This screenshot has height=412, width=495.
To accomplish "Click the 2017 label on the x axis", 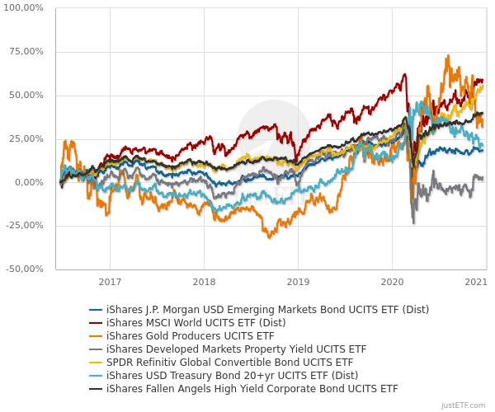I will (110, 281).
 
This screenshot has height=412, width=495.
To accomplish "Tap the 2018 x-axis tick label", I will (204, 281).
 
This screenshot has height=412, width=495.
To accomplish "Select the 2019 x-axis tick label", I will (298, 281).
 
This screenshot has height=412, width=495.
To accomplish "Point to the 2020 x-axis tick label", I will (392, 281).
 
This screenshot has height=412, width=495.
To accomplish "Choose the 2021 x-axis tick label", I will (476, 281).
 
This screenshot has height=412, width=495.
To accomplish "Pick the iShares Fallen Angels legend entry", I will (252, 388).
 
